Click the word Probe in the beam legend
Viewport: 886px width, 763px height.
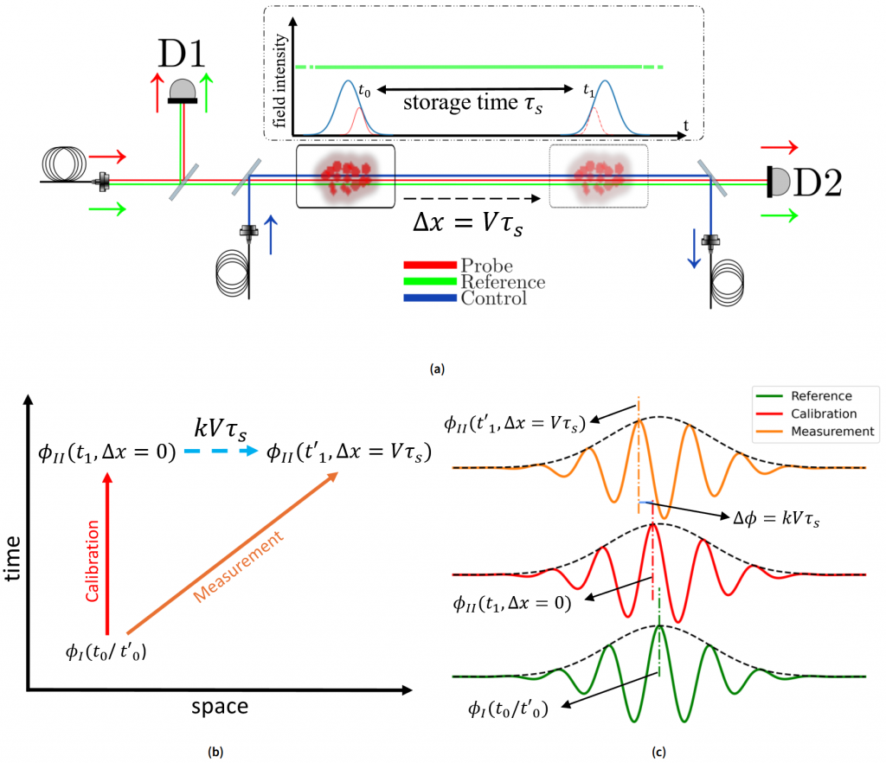(486, 266)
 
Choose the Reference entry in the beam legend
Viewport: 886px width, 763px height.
(503, 282)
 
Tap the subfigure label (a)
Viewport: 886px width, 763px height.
(438, 369)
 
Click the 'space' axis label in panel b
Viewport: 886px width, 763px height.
(218, 707)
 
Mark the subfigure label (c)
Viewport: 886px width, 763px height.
(660, 751)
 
